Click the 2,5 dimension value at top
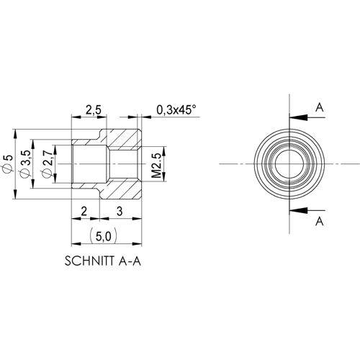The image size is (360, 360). (x=92, y=110)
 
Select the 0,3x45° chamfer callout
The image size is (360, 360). (x=176, y=110)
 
